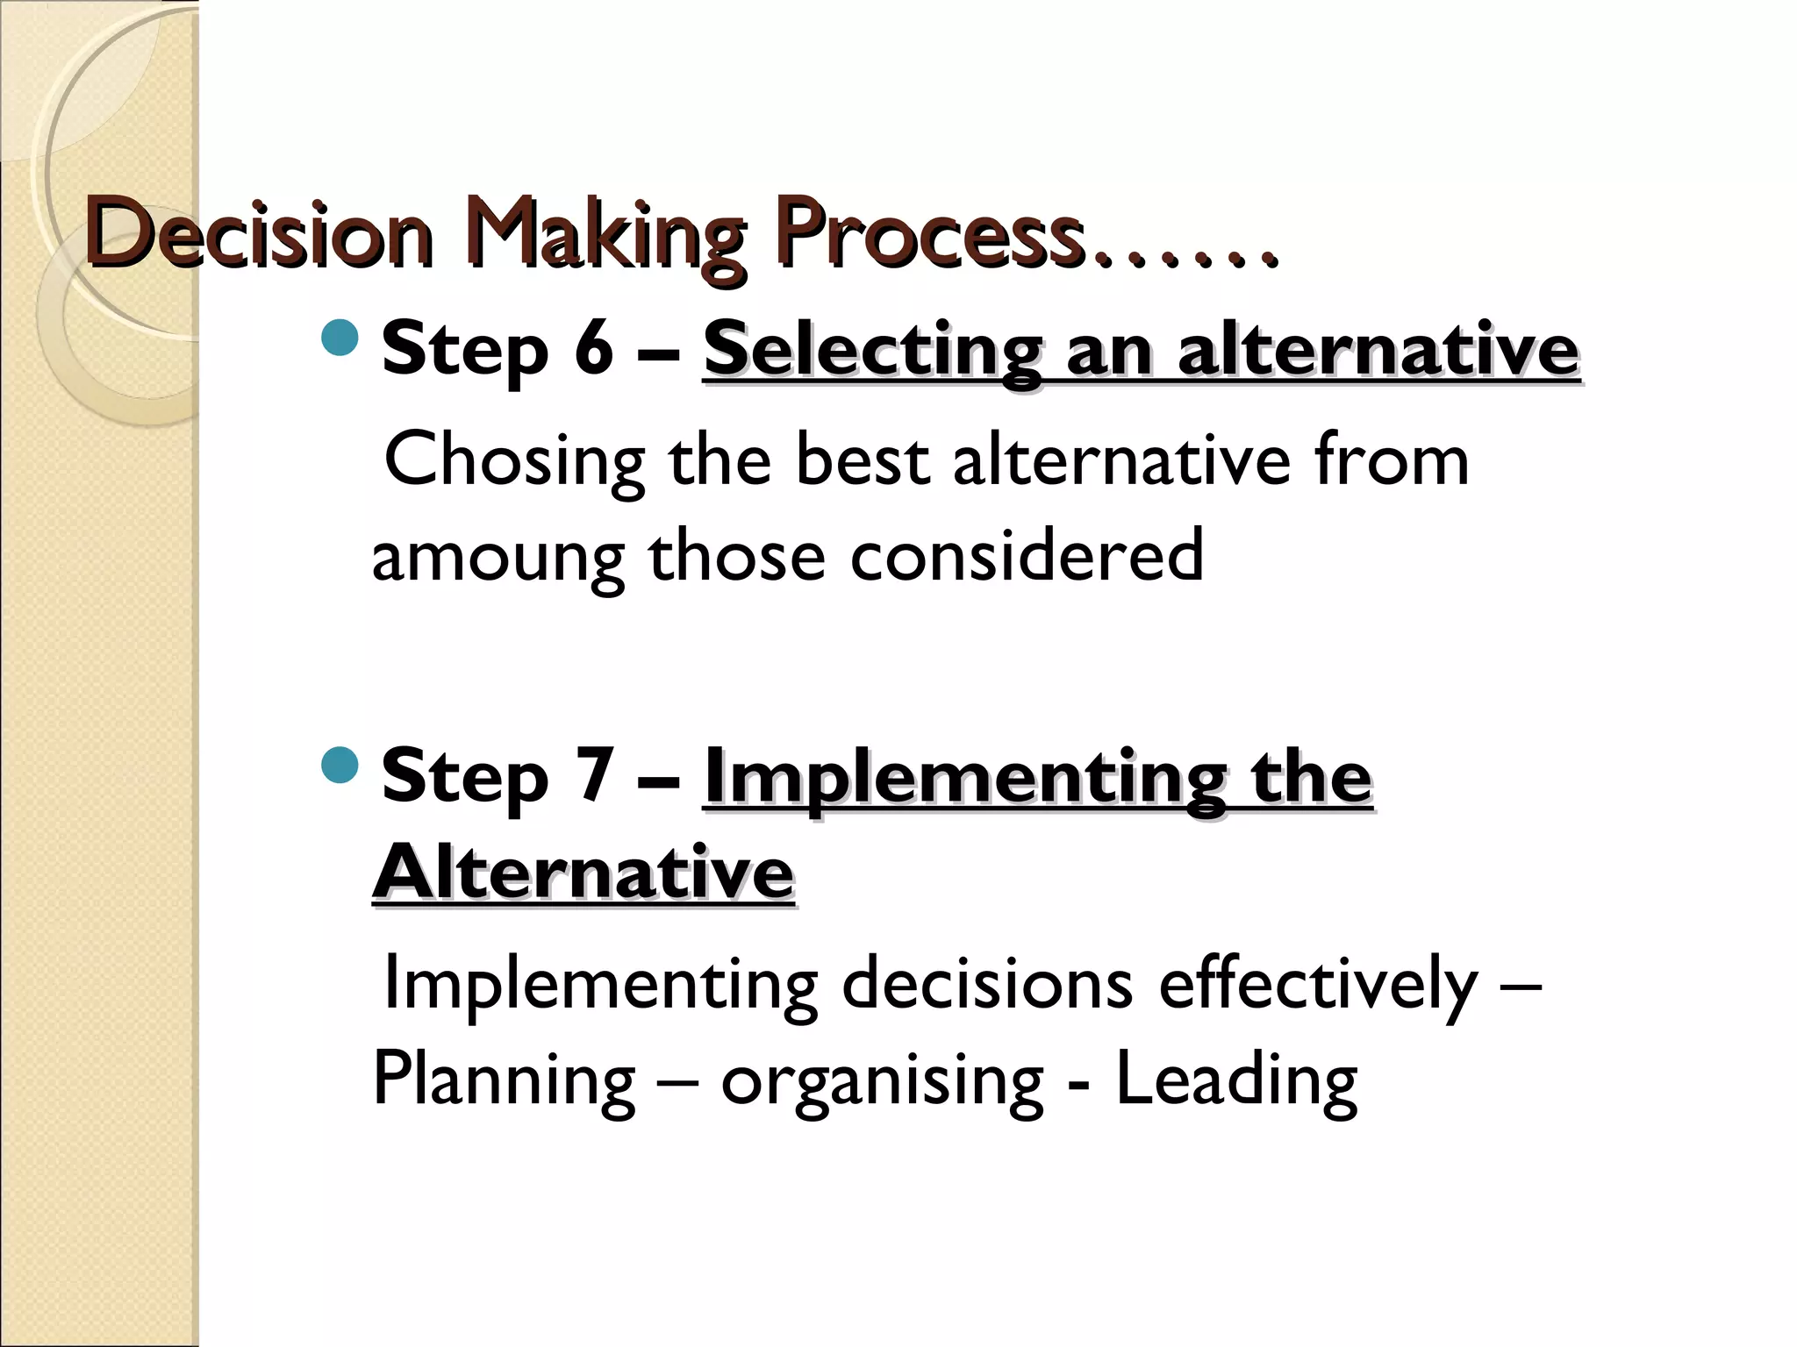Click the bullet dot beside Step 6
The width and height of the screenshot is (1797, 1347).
(x=340, y=338)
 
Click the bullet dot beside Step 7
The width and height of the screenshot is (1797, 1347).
(x=340, y=765)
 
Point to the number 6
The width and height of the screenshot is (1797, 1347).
(x=593, y=348)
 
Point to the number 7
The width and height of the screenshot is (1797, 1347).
(x=593, y=775)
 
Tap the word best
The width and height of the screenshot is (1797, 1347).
(x=862, y=460)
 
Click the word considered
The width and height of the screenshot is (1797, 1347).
(x=1027, y=555)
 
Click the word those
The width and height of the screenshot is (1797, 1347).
(x=737, y=555)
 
